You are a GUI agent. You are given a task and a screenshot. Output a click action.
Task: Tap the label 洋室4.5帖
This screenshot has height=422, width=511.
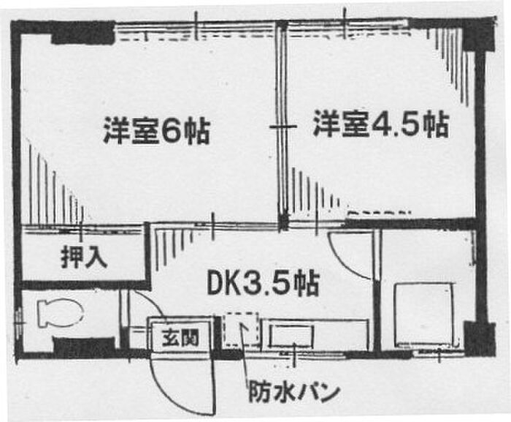[380, 124]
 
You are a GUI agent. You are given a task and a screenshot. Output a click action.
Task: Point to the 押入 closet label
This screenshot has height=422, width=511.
[84, 257]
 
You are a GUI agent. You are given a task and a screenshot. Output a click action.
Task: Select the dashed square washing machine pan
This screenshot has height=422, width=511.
[239, 329]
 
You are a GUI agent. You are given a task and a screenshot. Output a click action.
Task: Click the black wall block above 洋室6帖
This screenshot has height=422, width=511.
[82, 33]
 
